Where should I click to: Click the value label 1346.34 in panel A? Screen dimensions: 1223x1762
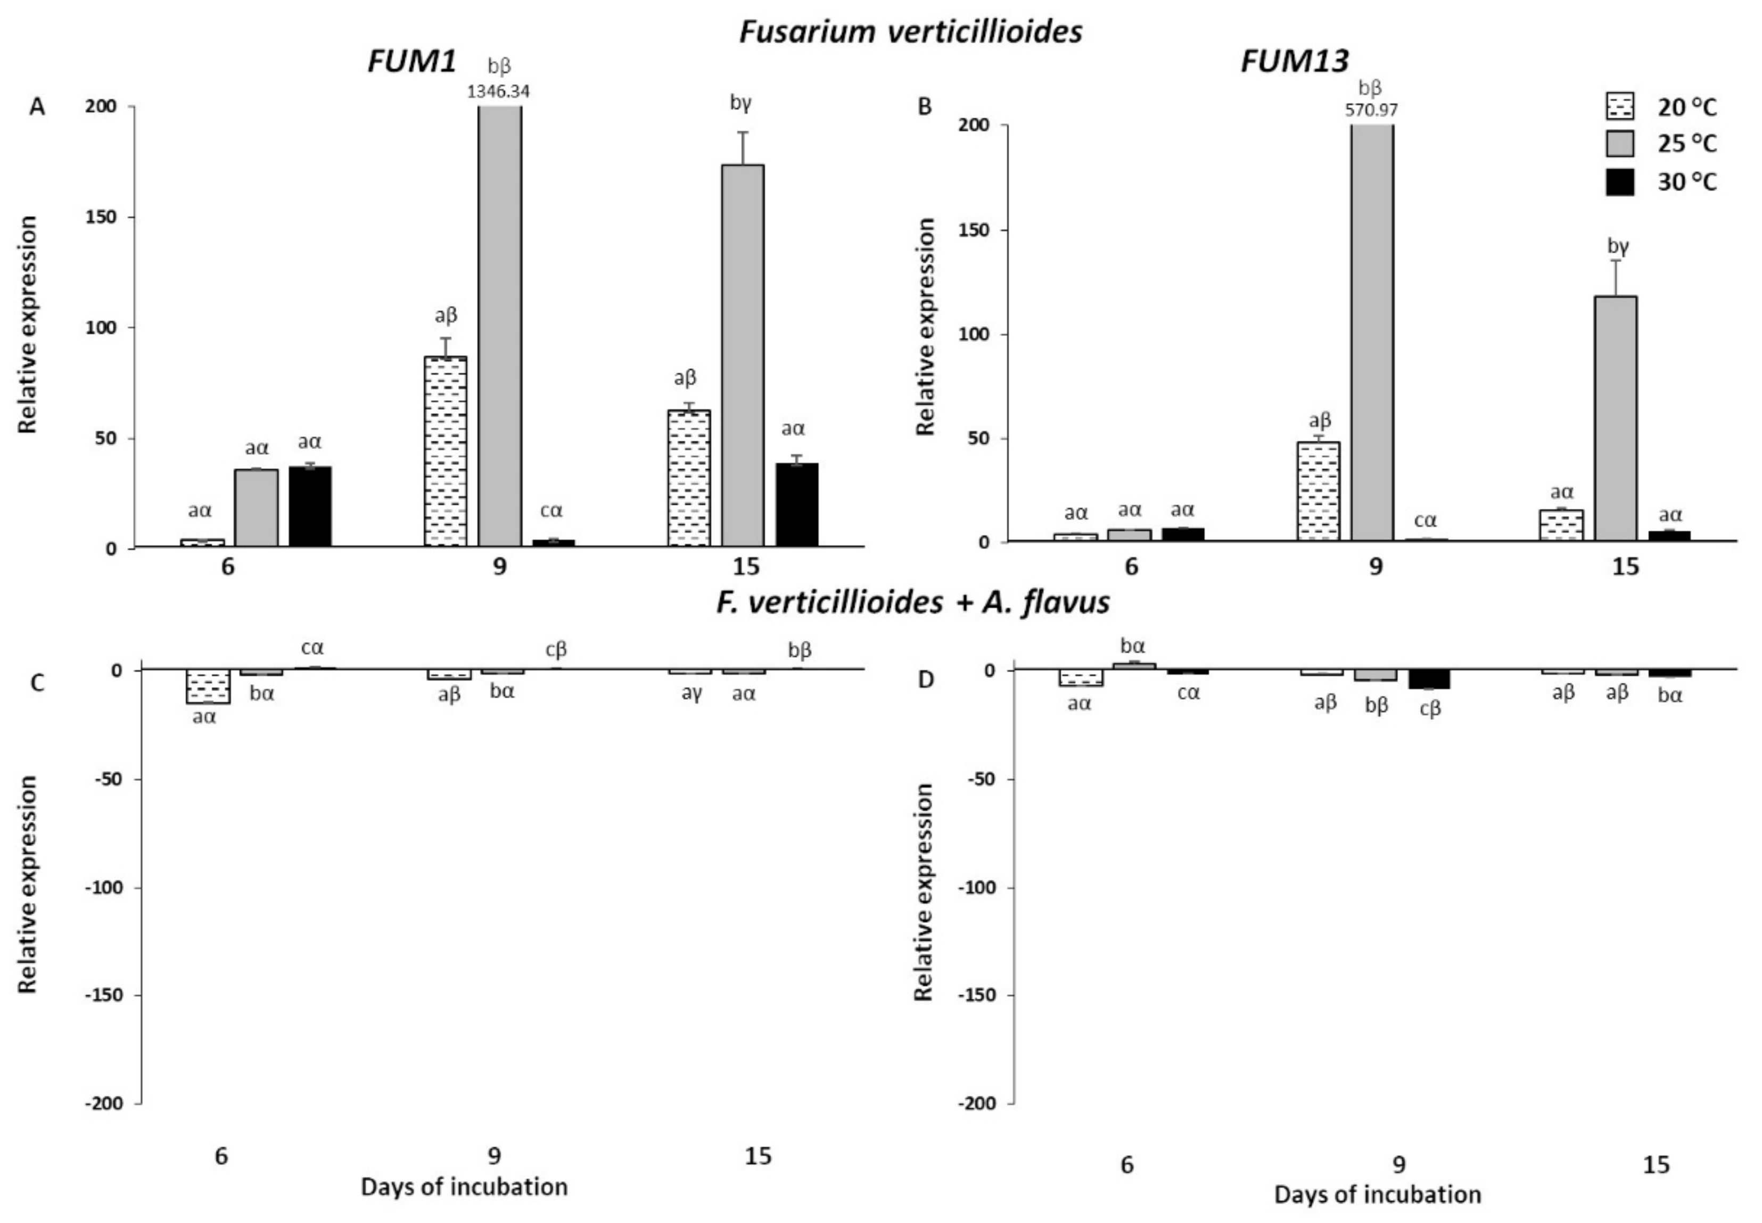(x=498, y=91)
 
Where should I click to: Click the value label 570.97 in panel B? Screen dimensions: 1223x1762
(x=1371, y=110)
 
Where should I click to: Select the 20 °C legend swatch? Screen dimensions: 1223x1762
(x=1619, y=106)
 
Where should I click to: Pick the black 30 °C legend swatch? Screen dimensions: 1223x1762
(x=1619, y=183)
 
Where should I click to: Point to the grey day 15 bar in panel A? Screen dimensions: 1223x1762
(x=743, y=352)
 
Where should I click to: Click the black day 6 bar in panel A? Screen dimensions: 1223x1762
(x=310, y=506)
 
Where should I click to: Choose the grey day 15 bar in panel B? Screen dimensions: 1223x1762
(x=1616, y=418)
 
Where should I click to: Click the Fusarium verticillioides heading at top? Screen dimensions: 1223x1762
(x=910, y=31)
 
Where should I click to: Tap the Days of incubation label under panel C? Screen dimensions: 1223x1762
(x=464, y=1187)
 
